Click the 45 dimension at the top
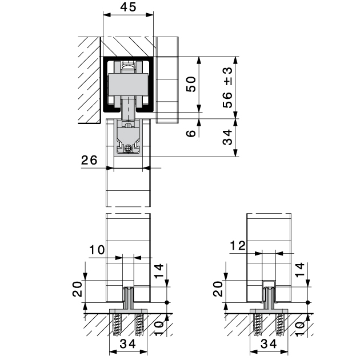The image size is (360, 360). point(129,8)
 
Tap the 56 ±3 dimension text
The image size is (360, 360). point(228,87)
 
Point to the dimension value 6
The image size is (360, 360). point(191,132)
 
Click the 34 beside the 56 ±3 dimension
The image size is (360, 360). point(228,137)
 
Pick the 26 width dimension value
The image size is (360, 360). point(89,161)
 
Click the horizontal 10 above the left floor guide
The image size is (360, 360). point(97,249)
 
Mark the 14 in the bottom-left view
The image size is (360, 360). point(159,270)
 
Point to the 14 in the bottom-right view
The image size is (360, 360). point(299,270)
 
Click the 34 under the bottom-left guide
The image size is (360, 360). point(129,344)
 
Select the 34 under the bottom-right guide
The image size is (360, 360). point(269,344)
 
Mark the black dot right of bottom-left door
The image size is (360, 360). point(167,302)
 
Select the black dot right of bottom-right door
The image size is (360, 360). point(307,302)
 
